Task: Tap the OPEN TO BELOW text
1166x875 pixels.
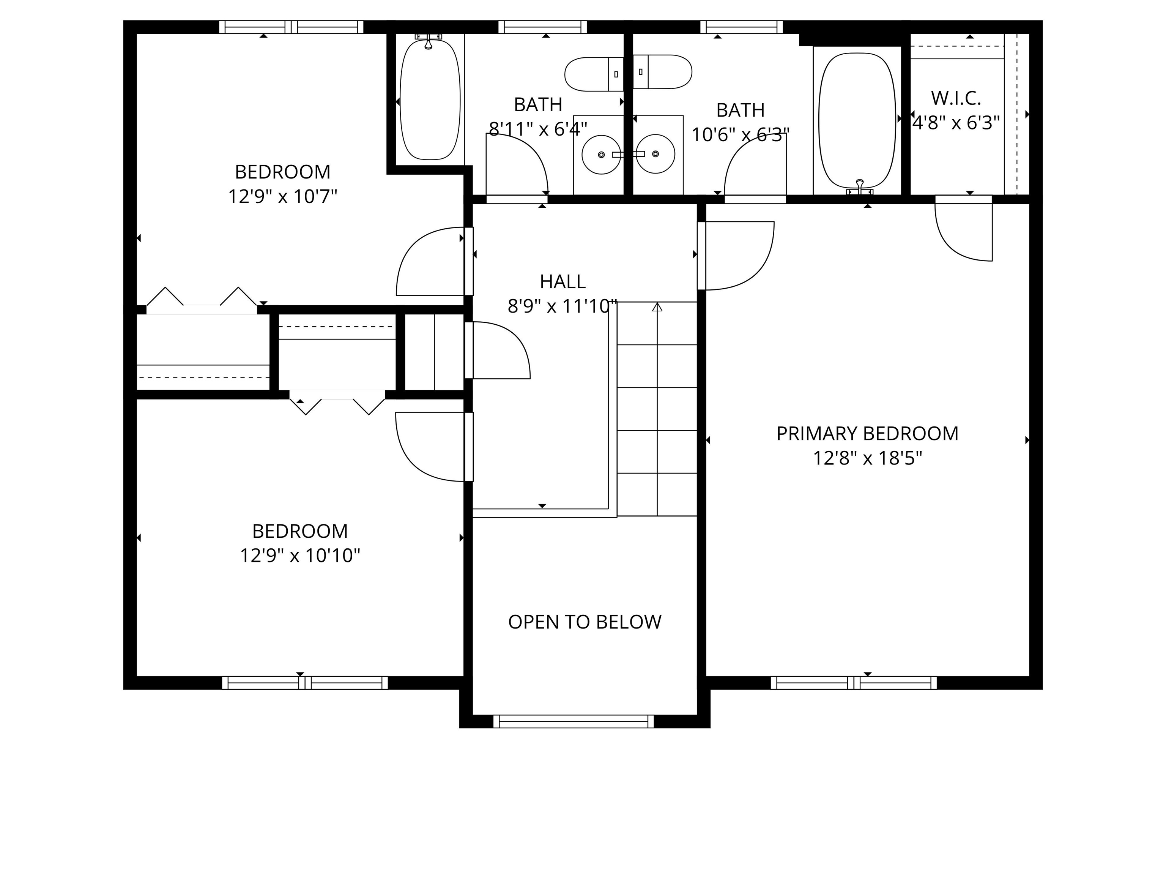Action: (x=585, y=622)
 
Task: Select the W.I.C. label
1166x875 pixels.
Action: (x=956, y=98)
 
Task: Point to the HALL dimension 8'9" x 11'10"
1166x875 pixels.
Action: (x=562, y=306)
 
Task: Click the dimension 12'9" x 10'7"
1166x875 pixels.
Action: (x=282, y=197)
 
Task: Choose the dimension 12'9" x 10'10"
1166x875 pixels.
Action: (x=300, y=555)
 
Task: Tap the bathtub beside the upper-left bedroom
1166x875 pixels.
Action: (x=430, y=100)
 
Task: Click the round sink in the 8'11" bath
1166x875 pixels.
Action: (x=601, y=155)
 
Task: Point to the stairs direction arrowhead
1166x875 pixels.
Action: (x=657, y=307)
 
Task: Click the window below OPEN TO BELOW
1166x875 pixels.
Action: (x=574, y=722)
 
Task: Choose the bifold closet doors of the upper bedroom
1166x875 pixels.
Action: (x=202, y=299)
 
